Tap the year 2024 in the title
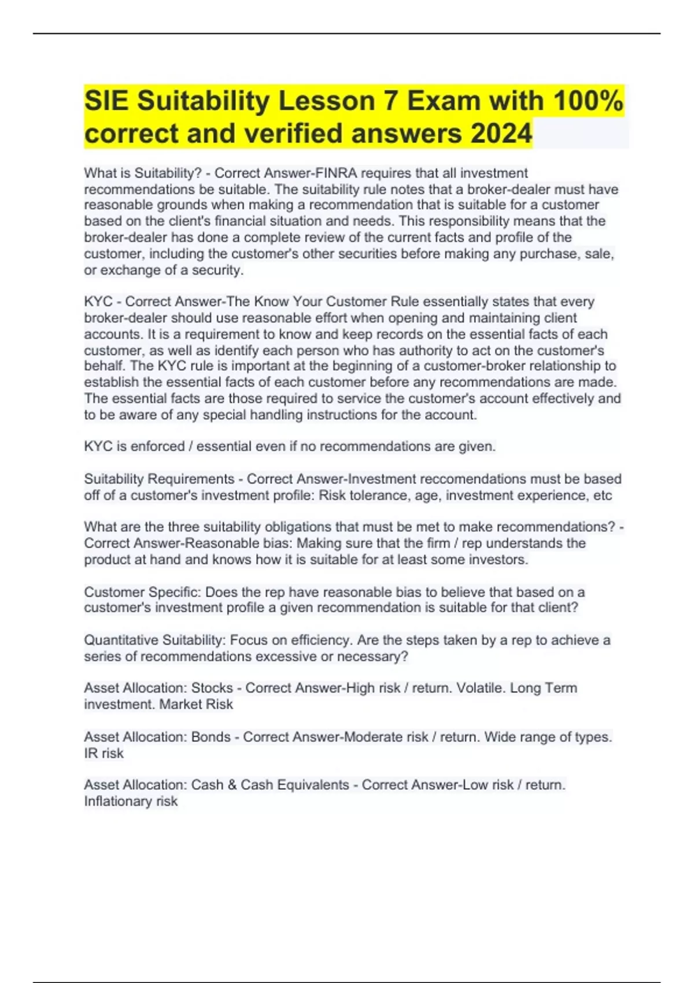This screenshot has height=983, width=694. click(x=501, y=134)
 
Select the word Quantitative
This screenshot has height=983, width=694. click(x=121, y=640)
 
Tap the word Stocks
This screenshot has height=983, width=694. click(x=212, y=688)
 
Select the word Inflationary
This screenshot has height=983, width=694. click(x=118, y=801)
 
